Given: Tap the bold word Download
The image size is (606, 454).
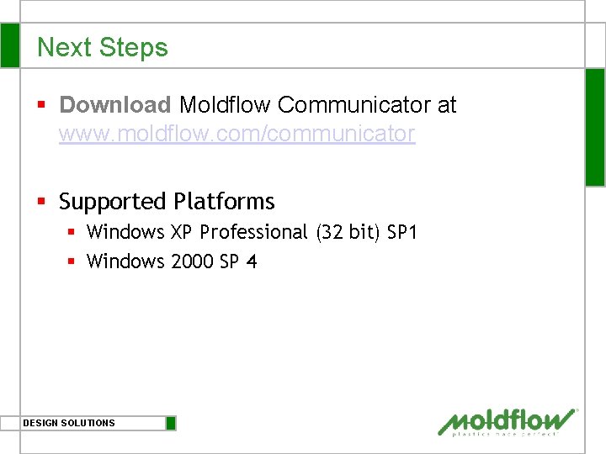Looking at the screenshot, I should tap(115, 105).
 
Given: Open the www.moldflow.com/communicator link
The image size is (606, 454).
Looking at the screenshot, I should tap(237, 134).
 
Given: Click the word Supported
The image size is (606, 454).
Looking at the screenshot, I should tap(113, 202).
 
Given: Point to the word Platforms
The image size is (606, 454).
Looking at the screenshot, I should tap(224, 202).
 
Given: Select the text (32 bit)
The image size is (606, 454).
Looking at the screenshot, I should tap(348, 232).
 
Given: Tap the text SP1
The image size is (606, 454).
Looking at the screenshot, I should tap(401, 232).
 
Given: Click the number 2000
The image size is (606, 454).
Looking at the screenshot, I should tap(193, 261).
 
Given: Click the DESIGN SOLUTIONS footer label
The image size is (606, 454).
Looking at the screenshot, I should tap(69, 423).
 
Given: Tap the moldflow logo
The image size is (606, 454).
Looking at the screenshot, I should tap(508, 422).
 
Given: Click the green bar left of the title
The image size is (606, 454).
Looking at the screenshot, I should tap(9, 45).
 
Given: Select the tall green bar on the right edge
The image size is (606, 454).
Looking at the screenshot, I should tap(595, 126).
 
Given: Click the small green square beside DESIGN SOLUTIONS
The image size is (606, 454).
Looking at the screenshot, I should tap(171, 423).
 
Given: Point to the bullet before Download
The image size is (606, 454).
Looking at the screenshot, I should tap(41, 105).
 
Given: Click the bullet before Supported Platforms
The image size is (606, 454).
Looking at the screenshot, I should tap(41, 202).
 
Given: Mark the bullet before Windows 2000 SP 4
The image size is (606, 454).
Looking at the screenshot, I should tap(72, 261).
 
